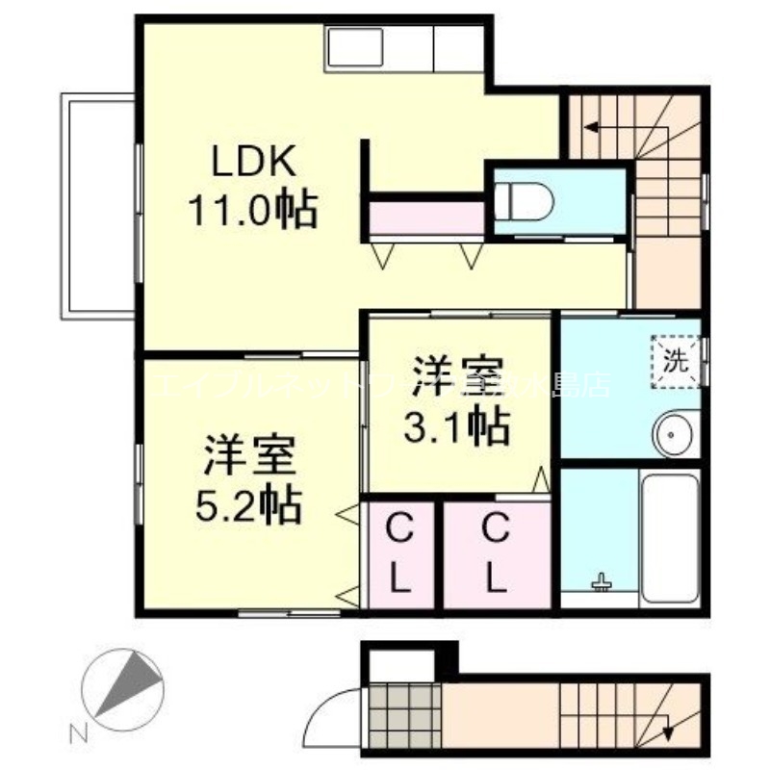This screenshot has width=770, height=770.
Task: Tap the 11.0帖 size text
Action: coord(252,210)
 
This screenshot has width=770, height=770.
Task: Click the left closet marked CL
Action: coord(400,553)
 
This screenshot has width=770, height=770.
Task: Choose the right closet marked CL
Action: coord(495,553)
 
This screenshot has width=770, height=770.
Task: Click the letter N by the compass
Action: coord(82,733)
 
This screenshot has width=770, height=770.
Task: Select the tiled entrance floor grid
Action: coord(404,714)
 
